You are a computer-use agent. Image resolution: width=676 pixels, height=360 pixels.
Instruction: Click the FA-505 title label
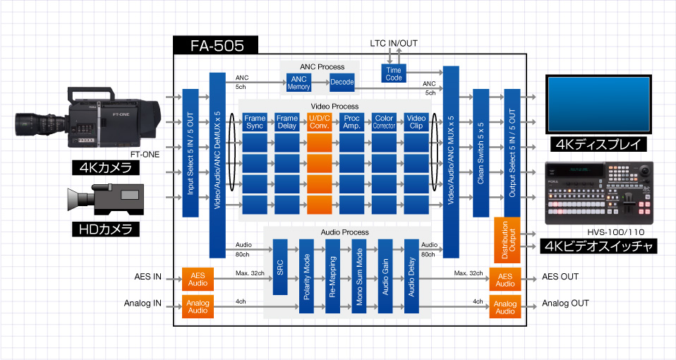(217, 47)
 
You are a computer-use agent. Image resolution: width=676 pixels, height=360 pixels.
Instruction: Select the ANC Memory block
(299, 83)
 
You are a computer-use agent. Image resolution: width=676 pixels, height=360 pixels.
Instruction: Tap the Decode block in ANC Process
(342, 83)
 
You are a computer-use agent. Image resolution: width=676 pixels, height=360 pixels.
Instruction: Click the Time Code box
(394, 73)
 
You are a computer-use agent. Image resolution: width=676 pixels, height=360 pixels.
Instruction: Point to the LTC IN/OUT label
(394, 44)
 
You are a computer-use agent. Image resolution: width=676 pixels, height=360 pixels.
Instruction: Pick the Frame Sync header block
(255, 121)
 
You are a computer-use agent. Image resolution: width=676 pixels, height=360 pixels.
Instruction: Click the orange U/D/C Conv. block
(319, 121)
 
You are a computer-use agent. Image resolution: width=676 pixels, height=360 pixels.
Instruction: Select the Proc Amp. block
(351, 121)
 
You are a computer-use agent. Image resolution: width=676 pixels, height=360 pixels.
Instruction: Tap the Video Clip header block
(417, 121)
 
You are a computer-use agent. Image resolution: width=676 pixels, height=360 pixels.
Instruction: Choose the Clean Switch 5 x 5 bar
(480, 152)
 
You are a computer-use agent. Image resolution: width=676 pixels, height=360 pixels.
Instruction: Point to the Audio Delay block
(411, 277)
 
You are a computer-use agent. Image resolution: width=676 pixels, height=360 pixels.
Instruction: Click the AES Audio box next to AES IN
(198, 279)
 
